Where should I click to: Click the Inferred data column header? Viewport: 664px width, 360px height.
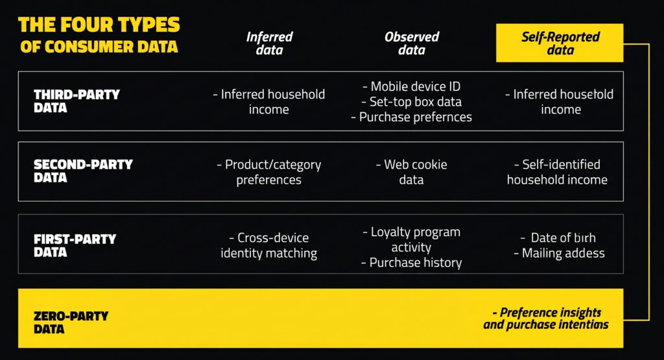point(269,43)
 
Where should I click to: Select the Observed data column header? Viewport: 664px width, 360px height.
point(411,43)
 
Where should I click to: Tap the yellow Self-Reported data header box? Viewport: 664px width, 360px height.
point(560,43)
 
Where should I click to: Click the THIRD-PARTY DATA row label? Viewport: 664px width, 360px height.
point(77,101)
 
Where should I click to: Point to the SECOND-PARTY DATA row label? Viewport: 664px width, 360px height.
point(82,171)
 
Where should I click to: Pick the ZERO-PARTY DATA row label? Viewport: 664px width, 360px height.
point(71,322)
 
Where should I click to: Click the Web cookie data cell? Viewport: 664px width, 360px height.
point(411,172)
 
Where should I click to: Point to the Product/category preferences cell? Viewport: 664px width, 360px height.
point(268,172)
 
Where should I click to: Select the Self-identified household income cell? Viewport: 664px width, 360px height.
point(557,172)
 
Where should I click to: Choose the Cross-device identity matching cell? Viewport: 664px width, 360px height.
point(268,245)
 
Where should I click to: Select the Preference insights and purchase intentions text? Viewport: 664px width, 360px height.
point(546,318)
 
